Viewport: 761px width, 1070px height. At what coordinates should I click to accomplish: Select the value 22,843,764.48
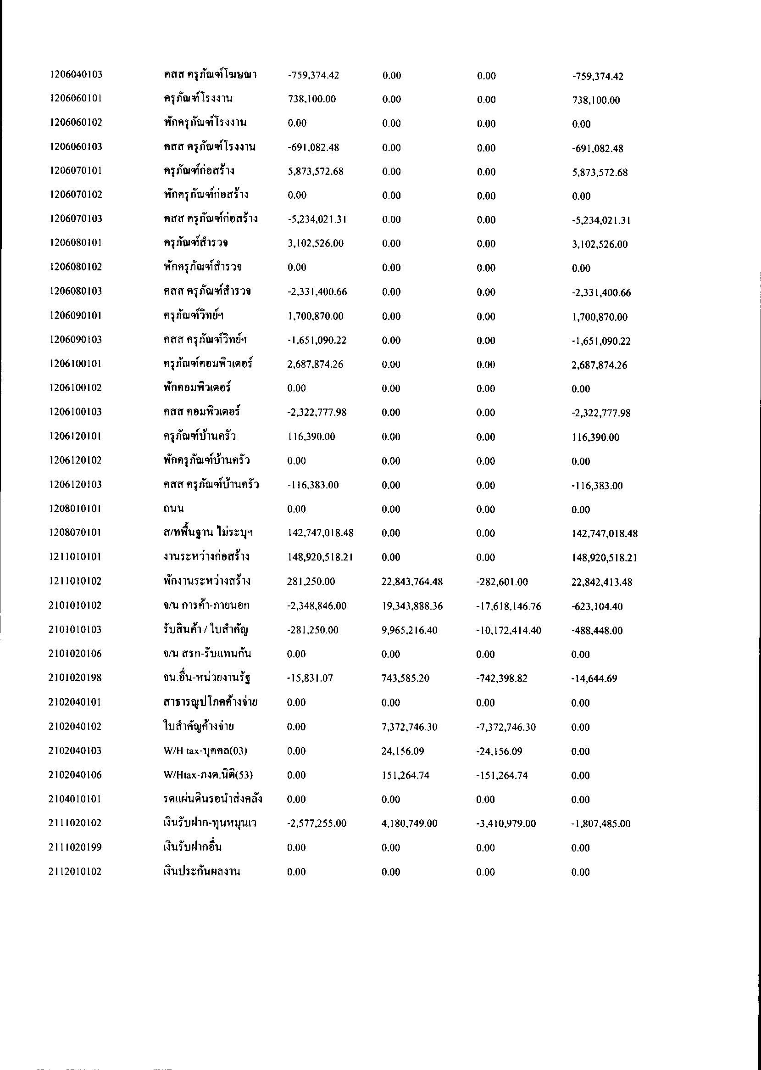(x=412, y=582)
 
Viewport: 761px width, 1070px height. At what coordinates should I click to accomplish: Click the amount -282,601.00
(x=502, y=582)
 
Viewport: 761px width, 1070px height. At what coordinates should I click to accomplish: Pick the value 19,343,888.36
(x=412, y=606)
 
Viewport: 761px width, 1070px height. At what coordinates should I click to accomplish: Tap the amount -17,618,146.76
(x=508, y=606)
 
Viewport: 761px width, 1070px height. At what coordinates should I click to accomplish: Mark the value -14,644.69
(x=594, y=678)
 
